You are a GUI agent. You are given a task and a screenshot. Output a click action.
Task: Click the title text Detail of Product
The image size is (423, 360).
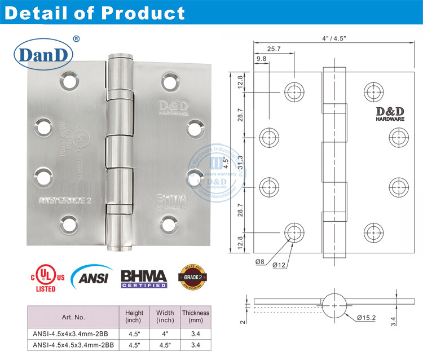(94, 12)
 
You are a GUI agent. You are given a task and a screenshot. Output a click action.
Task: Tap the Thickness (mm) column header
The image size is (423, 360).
(195, 317)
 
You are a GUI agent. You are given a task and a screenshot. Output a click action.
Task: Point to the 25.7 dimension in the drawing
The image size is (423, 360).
(274, 50)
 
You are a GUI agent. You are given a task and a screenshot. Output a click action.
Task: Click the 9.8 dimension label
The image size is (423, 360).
(262, 59)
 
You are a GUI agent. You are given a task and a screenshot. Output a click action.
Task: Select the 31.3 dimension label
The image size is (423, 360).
(241, 162)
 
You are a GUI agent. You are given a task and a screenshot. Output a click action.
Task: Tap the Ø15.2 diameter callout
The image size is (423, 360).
(367, 318)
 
